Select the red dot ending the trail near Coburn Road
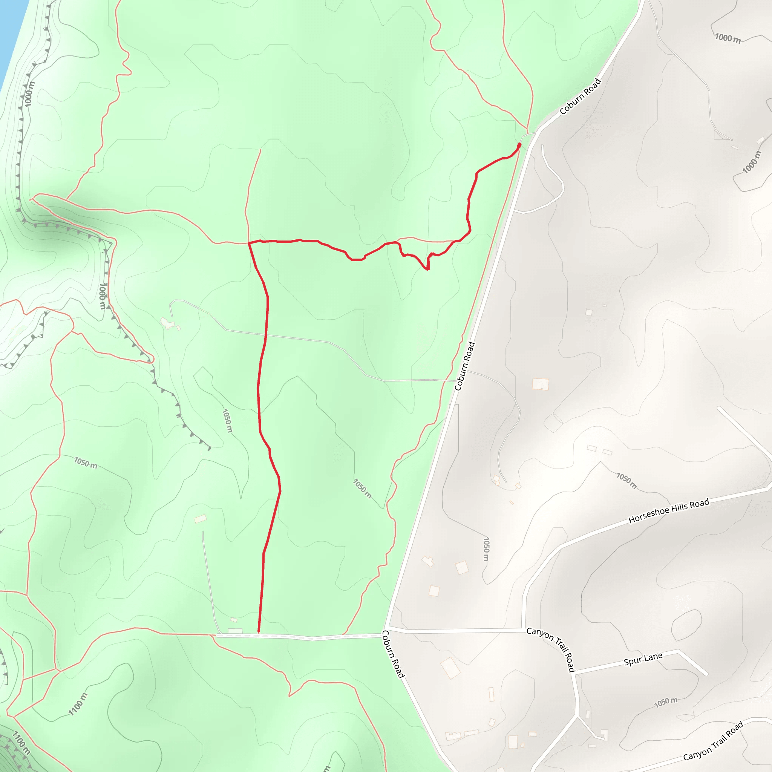pos(519,144)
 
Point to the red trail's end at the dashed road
pos(259,632)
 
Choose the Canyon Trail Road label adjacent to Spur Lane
pos(551,649)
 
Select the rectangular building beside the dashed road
pos(235,631)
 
